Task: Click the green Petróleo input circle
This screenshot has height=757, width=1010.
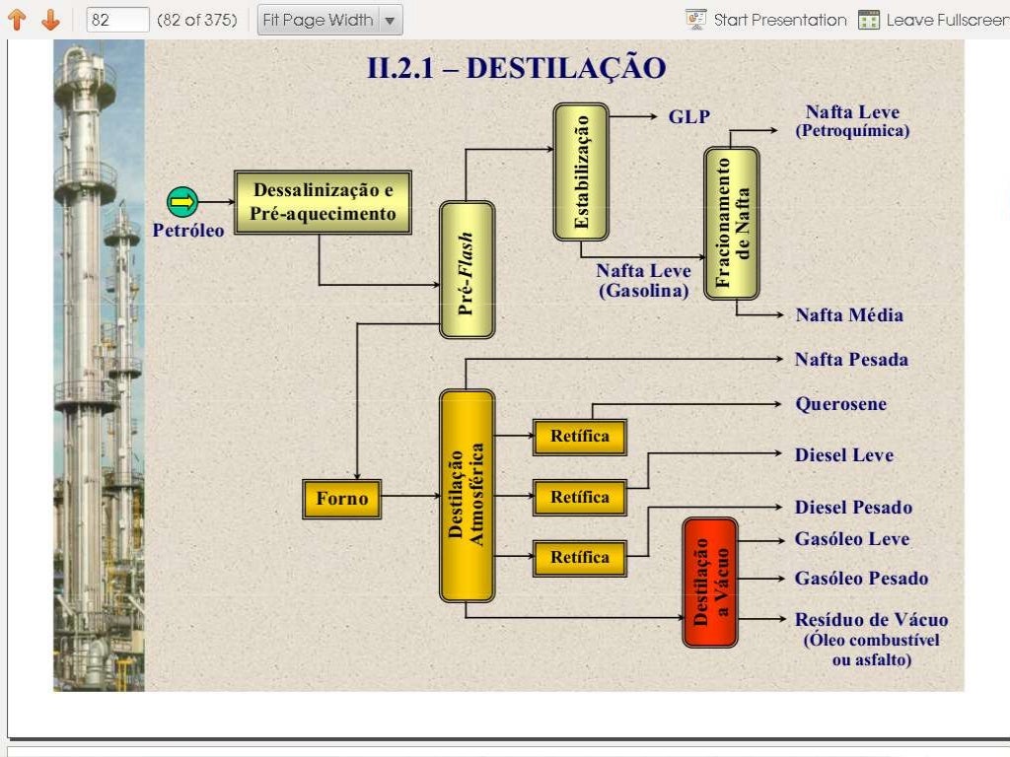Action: pyautogui.click(x=182, y=202)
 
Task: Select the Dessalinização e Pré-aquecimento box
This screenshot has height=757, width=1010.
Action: pyautogui.click(x=323, y=202)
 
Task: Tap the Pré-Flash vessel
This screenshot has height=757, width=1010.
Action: pyautogui.click(x=467, y=270)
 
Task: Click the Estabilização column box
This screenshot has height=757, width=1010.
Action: pyautogui.click(x=581, y=172)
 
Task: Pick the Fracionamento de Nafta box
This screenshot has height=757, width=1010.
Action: pyautogui.click(x=732, y=223)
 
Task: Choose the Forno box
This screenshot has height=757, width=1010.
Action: pyautogui.click(x=341, y=499)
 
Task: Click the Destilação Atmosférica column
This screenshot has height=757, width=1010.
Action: pyautogui.click(x=467, y=495)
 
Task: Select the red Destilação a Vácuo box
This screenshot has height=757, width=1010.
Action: pyautogui.click(x=710, y=582)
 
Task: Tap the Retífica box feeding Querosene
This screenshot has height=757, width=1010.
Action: pyautogui.click(x=580, y=437)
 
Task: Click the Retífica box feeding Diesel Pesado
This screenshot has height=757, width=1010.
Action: pyautogui.click(x=580, y=558)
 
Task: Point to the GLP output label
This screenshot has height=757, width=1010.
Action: pyautogui.click(x=689, y=117)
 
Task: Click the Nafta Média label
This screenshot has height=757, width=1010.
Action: pyautogui.click(x=849, y=315)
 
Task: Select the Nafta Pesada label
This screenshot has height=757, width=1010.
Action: pyautogui.click(x=851, y=360)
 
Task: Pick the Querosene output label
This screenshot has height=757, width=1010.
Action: pyautogui.click(x=840, y=404)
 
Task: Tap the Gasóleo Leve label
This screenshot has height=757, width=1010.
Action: pyautogui.click(x=852, y=539)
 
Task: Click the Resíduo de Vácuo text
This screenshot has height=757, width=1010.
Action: pyautogui.click(x=871, y=620)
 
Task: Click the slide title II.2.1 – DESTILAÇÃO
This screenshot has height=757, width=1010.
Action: pyautogui.click(x=516, y=68)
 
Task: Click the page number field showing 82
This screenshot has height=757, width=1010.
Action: pyautogui.click(x=117, y=20)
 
